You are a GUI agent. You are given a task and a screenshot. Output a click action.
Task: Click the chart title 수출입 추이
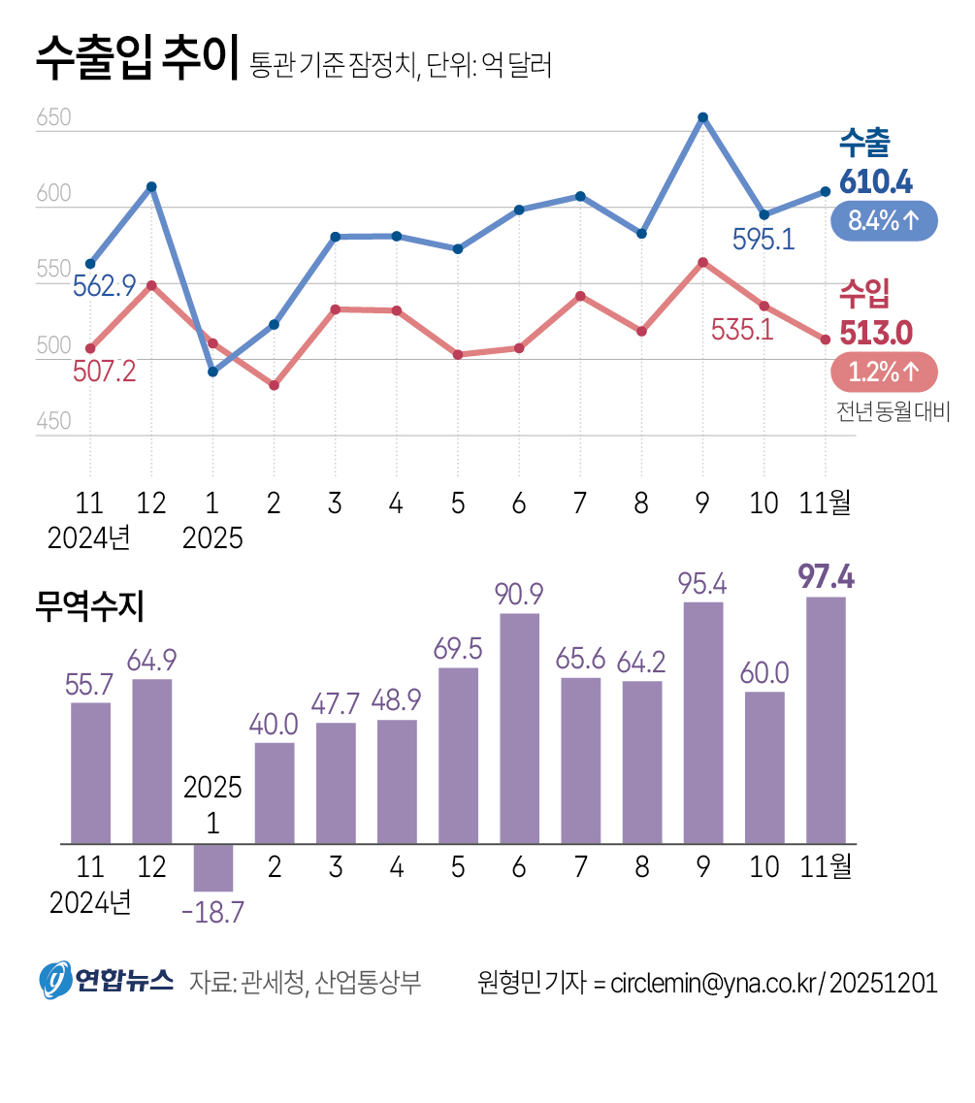tap(136, 61)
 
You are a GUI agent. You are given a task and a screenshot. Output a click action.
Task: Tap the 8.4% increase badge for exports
tap(884, 221)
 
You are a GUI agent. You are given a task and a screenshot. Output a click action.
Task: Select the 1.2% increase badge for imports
tap(884, 372)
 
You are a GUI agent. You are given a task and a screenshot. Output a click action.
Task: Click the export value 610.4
tap(876, 181)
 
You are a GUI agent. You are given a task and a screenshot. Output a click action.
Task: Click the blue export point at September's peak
tap(702, 117)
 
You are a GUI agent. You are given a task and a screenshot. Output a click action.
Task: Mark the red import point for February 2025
tap(274, 385)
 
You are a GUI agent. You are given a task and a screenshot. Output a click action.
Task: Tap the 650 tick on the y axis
tap(54, 119)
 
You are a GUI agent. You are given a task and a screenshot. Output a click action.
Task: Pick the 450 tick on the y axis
tap(54, 422)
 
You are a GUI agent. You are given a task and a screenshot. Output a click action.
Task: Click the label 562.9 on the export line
tap(104, 286)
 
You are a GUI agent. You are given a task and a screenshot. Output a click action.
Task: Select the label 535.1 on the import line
tap(742, 330)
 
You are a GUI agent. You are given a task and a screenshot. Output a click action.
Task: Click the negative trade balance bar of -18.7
tap(212, 867)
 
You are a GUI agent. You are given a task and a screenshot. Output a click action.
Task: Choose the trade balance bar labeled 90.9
tap(519, 728)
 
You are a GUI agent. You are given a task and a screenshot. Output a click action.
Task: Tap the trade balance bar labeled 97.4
tap(826, 720)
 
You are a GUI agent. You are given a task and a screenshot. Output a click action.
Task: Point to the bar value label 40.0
tap(274, 725)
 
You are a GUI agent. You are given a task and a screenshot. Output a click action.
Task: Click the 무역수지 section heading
tap(88, 607)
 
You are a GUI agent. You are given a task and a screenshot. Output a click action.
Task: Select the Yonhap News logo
tap(106, 981)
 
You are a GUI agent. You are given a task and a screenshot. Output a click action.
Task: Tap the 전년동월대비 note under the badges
tap(893, 411)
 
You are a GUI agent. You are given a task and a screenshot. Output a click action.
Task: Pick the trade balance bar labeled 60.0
tap(764, 766)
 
